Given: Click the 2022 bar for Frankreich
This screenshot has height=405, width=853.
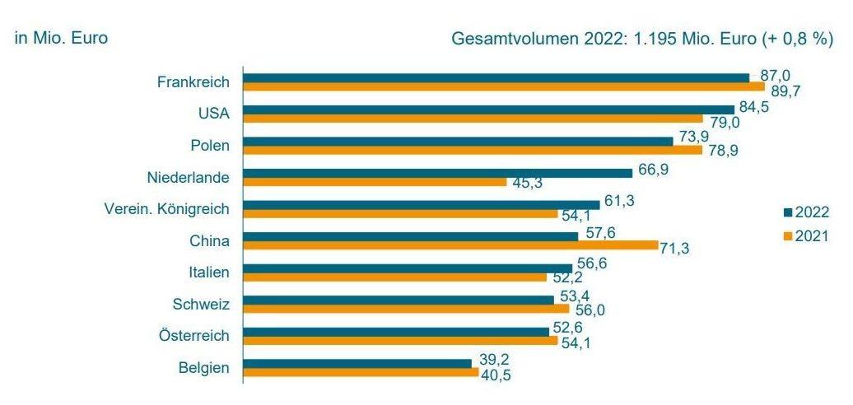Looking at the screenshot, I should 496,77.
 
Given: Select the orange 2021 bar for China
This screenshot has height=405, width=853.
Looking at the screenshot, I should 450,245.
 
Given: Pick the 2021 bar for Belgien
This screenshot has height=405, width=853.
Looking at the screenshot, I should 361,373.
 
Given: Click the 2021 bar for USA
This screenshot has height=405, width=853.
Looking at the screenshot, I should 473,119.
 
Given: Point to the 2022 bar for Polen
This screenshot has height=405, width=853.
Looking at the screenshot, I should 458,141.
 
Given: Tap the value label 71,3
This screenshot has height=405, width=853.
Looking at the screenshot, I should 675,247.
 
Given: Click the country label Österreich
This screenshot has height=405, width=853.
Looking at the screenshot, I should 193,336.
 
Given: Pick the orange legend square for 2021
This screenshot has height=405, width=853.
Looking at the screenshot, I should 787,235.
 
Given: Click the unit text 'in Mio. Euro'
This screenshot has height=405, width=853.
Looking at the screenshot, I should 62,38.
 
